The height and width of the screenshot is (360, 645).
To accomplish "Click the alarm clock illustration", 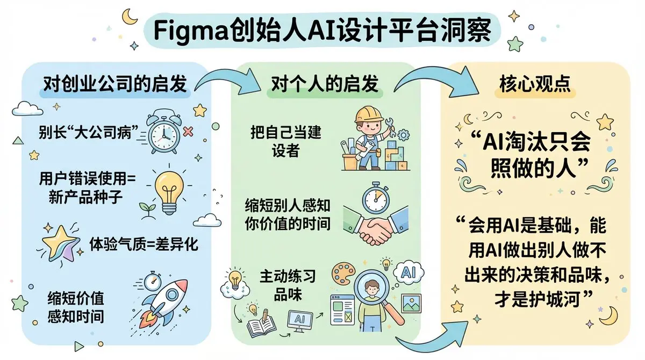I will [163, 131].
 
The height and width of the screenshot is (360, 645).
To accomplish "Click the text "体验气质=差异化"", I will [143, 245].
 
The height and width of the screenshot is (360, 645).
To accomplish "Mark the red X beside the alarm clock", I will [188, 131].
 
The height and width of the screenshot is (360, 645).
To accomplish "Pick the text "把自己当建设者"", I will [285, 141].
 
